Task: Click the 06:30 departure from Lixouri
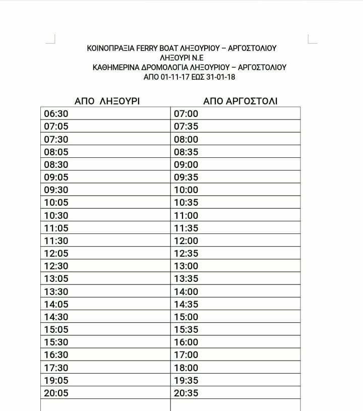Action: click(x=56, y=114)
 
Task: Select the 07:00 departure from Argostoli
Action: click(x=186, y=114)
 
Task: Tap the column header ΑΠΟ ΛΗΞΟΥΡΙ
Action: click(x=107, y=101)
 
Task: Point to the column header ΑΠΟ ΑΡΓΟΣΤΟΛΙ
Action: click(x=240, y=101)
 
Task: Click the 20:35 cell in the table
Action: click(x=186, y=393)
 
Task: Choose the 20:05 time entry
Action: click(x=56, y=393)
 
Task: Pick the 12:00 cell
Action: click(x=186, y=241)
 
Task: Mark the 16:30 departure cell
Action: click(x=56, y=355)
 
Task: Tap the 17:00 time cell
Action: click(x=186, y=355)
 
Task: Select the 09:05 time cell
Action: click(x=56, y=178)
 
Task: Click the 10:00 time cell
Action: click(x=186, y=190)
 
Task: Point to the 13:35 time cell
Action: click(x=186, y=279)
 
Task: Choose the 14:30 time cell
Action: click(x=56, y=317)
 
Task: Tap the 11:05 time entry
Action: click(x=56, y=228)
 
